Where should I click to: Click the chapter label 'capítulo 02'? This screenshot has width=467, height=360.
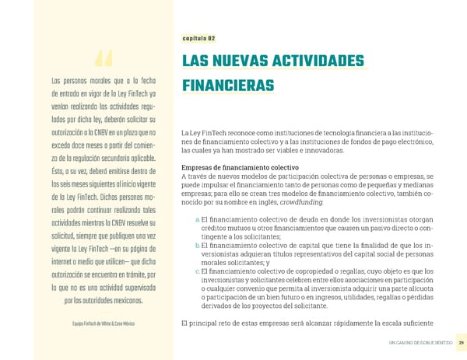click(198, 38)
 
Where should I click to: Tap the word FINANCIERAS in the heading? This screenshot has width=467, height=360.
click(230, 85)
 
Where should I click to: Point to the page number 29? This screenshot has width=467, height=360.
click(462, 343)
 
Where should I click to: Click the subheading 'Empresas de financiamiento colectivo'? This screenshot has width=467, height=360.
click(239, 167)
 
